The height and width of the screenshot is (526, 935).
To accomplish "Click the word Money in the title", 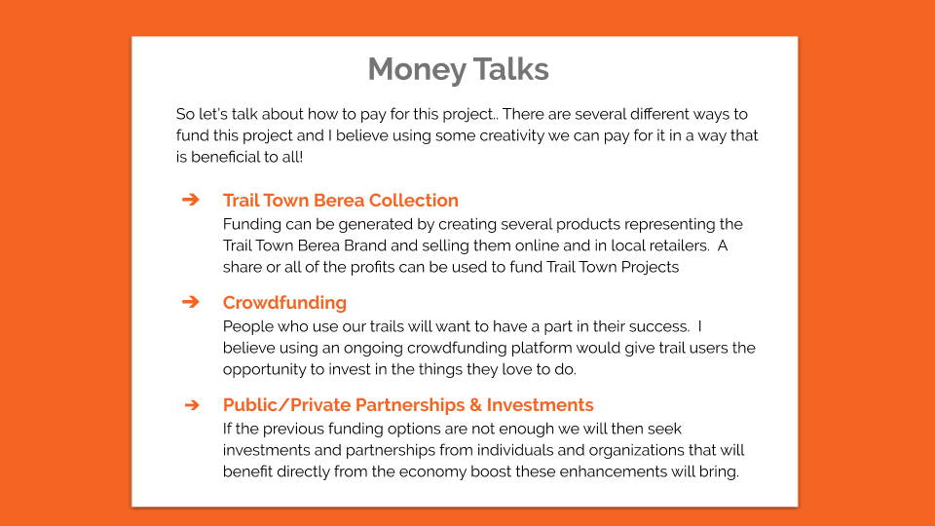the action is tap(416, 70).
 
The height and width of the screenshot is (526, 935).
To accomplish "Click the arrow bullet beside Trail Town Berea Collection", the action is tap(191, 199).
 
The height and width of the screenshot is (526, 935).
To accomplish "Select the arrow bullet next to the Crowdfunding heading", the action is tap(191, 302).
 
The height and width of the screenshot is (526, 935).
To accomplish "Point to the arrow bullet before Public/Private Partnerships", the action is tap(192, 405).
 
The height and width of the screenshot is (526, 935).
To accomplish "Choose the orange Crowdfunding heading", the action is tap(284, 302).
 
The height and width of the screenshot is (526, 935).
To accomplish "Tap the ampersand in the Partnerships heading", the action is tap(475, 405).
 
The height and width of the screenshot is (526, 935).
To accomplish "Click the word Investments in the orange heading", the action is tap(541, 405).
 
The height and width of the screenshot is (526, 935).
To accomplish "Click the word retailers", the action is tap(677, 245).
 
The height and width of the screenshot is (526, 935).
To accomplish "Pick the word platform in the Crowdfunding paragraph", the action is tap(542, 348).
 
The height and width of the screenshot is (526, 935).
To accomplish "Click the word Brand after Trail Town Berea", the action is tap(365, 245).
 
